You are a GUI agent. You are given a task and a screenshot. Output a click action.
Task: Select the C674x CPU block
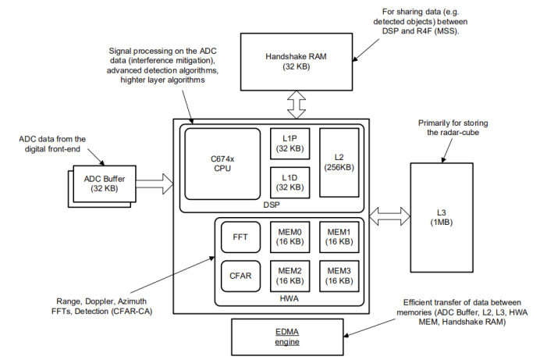click(x=221, y=162)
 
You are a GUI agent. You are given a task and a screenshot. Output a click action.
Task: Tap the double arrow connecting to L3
click(x=388, y=214)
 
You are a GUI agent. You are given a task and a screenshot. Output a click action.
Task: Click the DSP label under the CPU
click(x=270, y=205)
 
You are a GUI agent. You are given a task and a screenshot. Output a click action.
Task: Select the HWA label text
click(x=290, y=300)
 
